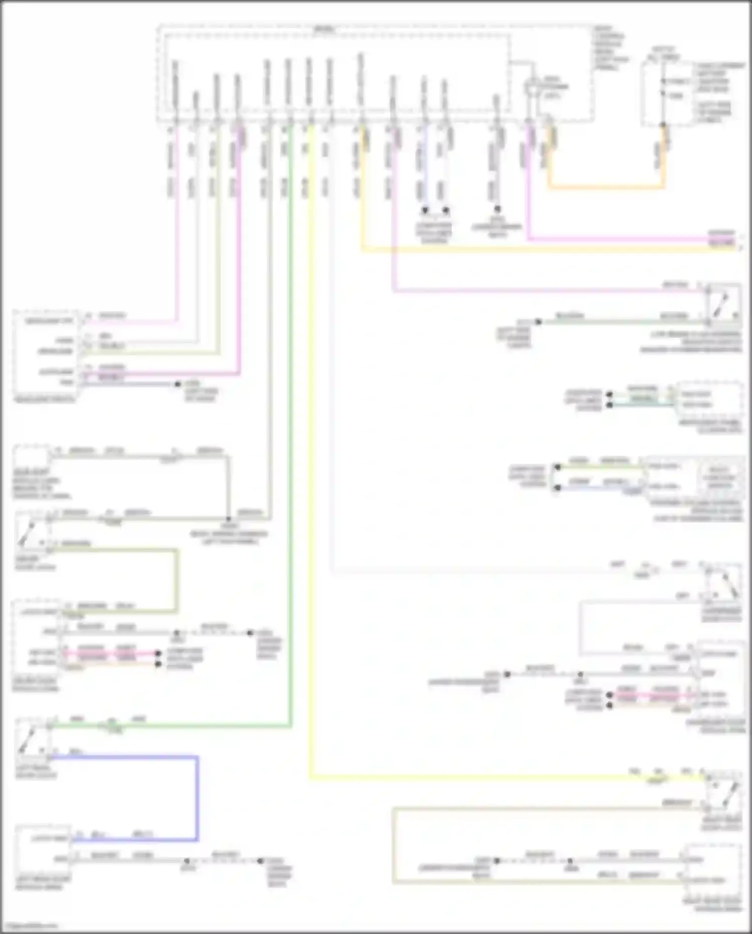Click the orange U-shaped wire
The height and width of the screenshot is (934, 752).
607,188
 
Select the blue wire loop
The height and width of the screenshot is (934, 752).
197,798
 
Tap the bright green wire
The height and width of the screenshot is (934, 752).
290,452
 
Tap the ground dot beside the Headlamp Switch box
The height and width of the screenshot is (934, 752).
177,384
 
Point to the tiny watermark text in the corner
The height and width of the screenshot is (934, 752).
29,926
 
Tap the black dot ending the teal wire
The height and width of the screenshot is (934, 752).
610,405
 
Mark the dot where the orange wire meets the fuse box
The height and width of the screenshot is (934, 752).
663,125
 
